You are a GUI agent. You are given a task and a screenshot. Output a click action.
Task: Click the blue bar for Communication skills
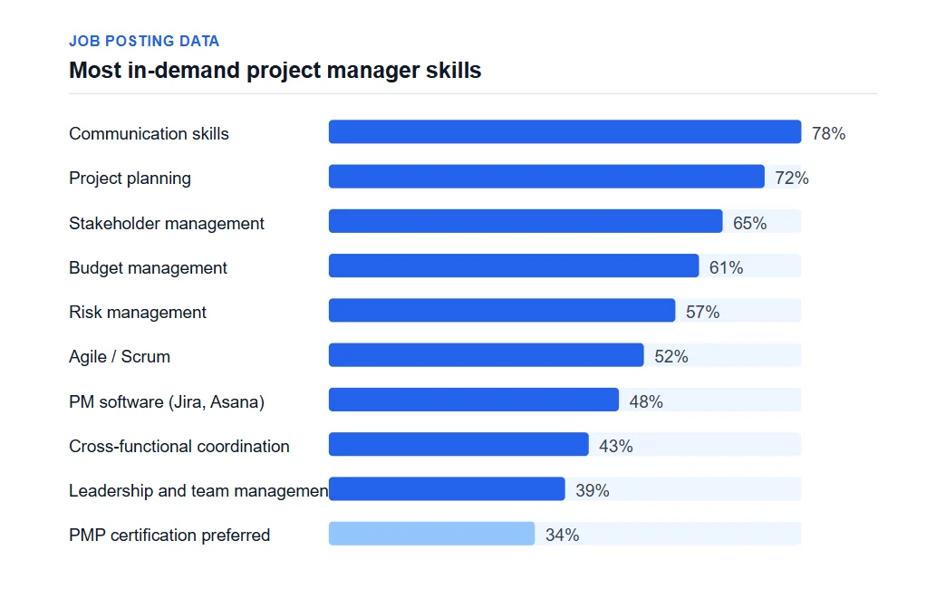coord(564,132)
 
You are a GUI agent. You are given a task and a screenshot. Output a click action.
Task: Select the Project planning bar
coord(546,177)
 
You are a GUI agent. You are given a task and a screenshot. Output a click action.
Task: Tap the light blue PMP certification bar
coord(431,534)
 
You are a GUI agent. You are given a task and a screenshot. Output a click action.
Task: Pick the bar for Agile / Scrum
coord(486,355)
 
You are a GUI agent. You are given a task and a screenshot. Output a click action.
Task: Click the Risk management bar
coord(501,311)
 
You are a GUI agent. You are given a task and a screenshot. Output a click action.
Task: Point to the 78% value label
coord(828,133)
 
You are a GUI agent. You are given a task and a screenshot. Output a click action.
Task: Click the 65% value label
coord(749,223)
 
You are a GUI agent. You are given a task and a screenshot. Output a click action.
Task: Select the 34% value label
coord(562,535)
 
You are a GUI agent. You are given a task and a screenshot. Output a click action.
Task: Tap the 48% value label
coord(646,401)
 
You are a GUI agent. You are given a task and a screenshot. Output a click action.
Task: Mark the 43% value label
coord(616,446)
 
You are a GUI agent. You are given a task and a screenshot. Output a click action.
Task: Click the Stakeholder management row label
coord(167,223)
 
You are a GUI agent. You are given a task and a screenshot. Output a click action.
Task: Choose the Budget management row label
coord(148,267)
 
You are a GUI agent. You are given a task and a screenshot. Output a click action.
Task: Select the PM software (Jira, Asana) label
coord(167,401)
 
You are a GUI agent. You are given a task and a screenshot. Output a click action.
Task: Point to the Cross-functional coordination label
coord(179,446)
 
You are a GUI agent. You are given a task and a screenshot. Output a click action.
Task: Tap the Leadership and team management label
coord(198,490)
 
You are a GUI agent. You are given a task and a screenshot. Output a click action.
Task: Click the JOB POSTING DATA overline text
coord(144,41)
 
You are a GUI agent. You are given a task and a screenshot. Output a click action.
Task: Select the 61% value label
coord(726,267)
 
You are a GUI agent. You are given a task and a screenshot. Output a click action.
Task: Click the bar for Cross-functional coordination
coord(458,445)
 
